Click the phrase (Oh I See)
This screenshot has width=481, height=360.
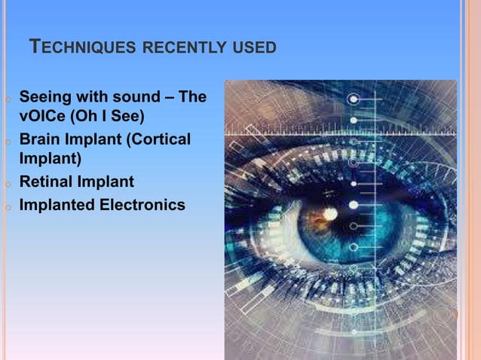tap(108, 117)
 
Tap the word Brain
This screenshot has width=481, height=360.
tap(41, 140)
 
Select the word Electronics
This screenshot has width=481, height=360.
tap(142, 204)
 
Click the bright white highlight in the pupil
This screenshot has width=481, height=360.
tap(329, 215)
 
